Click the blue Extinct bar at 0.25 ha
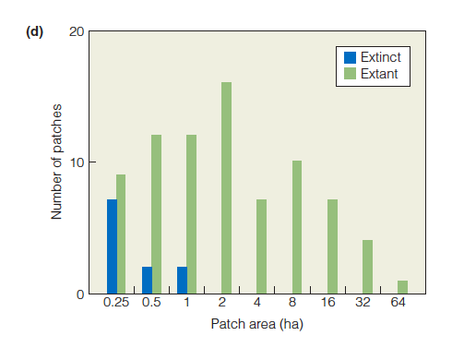tap(112, 246)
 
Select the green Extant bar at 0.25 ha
tap(121, 234)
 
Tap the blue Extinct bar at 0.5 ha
tap(147, 280)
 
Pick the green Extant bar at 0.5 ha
tap(157, 214)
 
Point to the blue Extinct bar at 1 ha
tap(182, 280)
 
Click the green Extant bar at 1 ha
tap(191, 214)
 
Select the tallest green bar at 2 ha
tap(226, 188)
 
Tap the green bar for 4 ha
tap(261, 246)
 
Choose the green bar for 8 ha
tap(296, 227)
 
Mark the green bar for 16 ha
tap(332, 246)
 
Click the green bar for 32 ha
tap(367, 267)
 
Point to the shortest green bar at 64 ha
tap(402, 287)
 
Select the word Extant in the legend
tap(379, 74)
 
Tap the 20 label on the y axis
tap(77, 32)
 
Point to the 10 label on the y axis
tap(77, 162)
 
